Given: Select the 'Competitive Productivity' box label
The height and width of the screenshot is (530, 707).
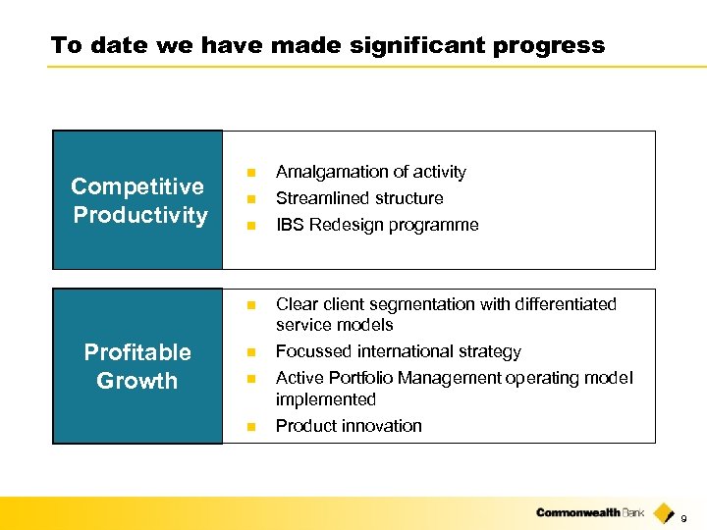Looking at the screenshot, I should [138, 200].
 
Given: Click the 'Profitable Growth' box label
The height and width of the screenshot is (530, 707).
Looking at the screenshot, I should [137, 366].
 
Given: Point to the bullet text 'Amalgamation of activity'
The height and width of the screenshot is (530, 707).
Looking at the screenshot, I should [370, 172].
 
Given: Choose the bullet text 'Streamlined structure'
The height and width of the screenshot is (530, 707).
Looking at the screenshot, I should [359, 198].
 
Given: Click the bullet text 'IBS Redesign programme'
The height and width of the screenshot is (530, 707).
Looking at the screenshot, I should [377, 225].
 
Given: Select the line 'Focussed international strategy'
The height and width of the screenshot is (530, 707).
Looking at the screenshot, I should [399, 351].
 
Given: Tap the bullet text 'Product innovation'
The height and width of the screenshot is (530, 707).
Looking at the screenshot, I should [349, 426].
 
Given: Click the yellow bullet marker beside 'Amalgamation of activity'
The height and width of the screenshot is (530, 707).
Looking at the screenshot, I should [250, 172].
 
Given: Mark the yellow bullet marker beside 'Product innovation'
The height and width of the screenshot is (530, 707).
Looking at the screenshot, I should [250, 426].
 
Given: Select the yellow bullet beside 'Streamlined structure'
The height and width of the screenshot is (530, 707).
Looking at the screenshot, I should [250, 198].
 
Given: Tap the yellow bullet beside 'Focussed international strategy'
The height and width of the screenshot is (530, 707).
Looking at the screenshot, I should [250, 351].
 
